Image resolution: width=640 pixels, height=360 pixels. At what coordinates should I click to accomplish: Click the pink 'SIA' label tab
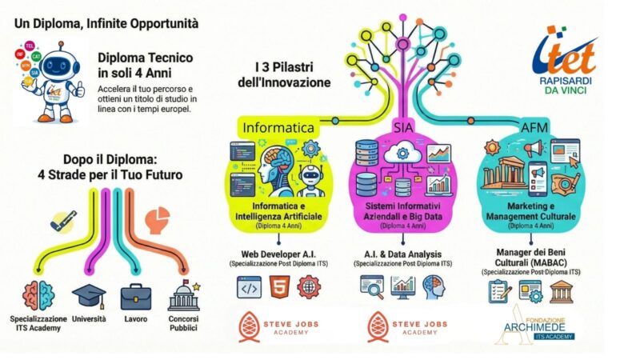pos(403,127)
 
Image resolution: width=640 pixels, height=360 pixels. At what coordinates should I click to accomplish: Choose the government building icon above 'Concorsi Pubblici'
pos(184,297)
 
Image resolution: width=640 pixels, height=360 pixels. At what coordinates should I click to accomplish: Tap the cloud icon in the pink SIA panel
pos(404,153)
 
